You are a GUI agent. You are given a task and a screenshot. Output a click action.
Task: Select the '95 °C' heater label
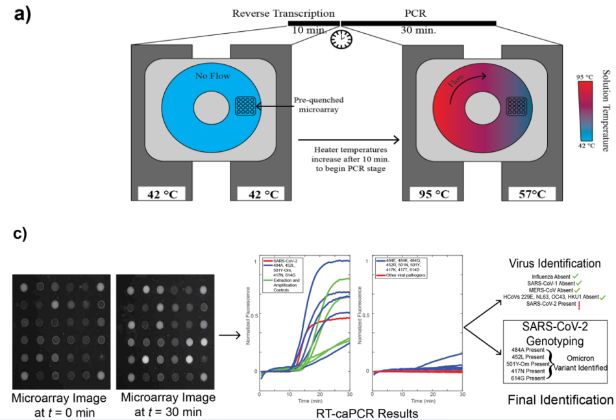(x=429, y=192)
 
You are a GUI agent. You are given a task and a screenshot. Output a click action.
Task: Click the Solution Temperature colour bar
(x=584, y=110)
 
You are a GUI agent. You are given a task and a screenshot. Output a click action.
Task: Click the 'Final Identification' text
(x=559, y=398)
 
